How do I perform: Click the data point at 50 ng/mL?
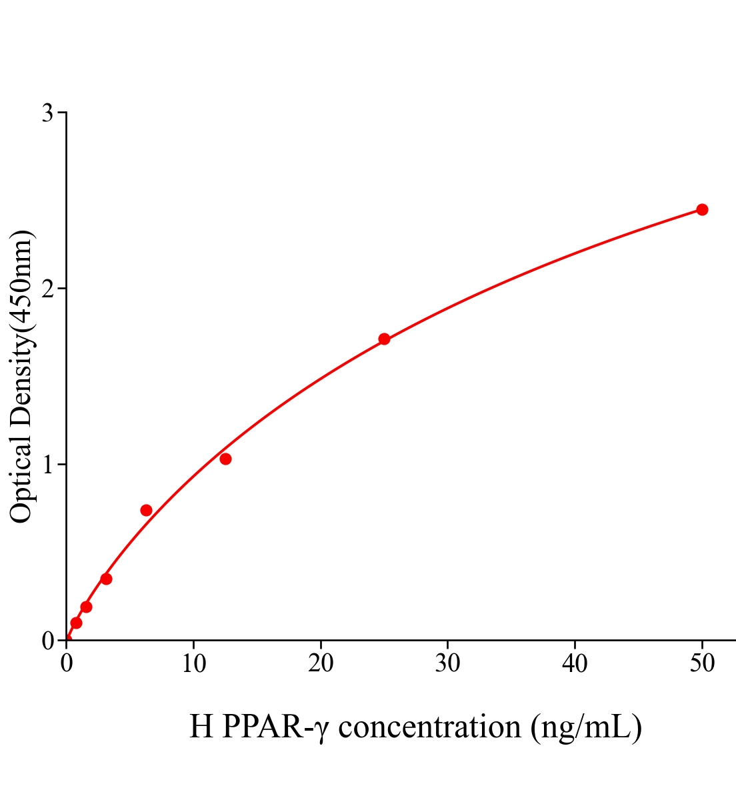pos(702,209)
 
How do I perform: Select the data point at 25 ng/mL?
pos(384,339)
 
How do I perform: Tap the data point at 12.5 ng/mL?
pos(225,459)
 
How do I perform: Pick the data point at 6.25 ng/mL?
pos(146,510)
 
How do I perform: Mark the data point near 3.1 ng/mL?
pos(106,579)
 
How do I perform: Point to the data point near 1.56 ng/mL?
pos(86,607)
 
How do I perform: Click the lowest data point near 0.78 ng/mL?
pos(76,623)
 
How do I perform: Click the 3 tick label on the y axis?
pos(47,113)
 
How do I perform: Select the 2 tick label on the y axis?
pos(47,289)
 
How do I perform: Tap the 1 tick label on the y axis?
pos(47,465)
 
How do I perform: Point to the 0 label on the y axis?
pos(47,641)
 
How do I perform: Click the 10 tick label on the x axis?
pos(193,664)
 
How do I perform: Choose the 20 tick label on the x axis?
pos(321,664)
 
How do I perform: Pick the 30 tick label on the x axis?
pos(447,664)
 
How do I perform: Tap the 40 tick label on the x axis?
pos(575,664)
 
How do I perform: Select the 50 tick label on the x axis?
pos(701,664)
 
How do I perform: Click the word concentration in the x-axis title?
pos(430,727)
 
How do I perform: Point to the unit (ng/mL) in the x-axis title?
pos(587,727)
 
